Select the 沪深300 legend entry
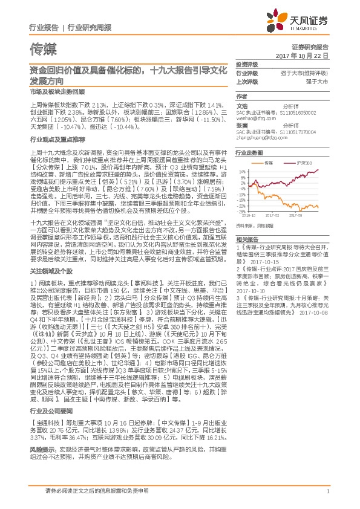[x=303, y=163]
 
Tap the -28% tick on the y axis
[x=240, y=211]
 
